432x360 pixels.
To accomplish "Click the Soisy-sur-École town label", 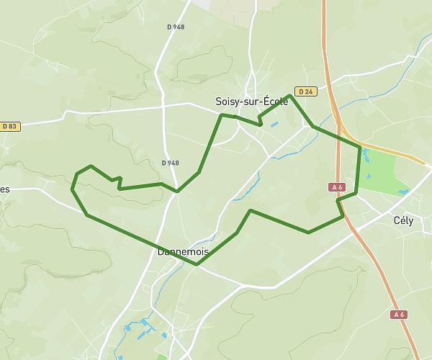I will [x=252, y=102].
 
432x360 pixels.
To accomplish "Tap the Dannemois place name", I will [x=183, y=252].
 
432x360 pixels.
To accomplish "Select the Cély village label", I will [x=403, y=221].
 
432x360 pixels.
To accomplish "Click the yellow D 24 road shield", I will [x=306, y=91].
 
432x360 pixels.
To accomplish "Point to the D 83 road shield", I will [x=9, y=127].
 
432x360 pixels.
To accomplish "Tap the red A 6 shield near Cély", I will [x=337, y=187].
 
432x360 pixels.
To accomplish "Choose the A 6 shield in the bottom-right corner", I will [x=399, y=315].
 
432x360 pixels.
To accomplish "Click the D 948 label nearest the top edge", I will [x=176, y=27].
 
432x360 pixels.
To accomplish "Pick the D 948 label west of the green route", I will [x=171, y=163].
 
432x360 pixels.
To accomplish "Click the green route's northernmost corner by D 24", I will [x=290, y=95].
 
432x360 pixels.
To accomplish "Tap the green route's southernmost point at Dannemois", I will [x=197, y=264].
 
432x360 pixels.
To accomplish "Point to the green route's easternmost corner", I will [x=360, y=147].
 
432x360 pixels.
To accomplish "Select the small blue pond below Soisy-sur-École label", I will [x=274, y=125].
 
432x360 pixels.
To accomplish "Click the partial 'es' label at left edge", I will [x=5, y=189].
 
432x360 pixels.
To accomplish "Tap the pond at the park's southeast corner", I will [x=402, y=192].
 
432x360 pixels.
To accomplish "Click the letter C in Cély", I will [x=396, y=221].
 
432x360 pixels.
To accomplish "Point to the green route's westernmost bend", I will [x=72, y=189].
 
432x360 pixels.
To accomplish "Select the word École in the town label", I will [x=275, y=102].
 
